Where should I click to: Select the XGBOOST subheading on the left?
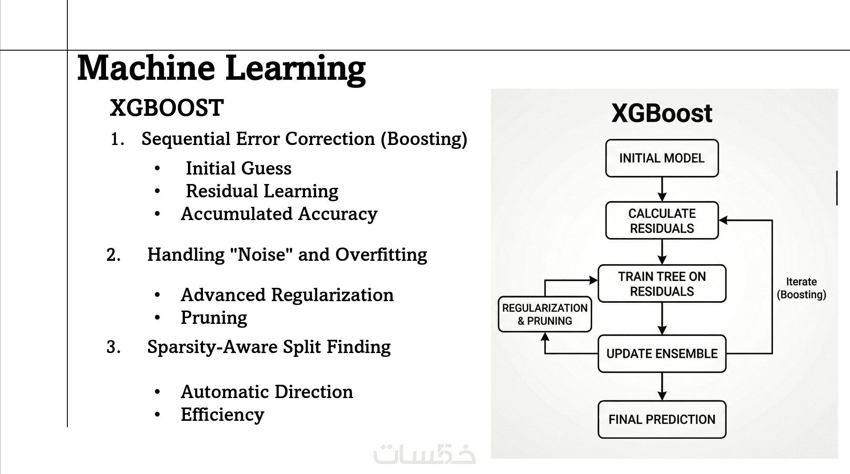166,108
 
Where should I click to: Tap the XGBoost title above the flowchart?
662,113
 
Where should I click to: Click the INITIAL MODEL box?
662,158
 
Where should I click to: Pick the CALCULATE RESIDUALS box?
662,220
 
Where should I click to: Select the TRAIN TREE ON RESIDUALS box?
662,284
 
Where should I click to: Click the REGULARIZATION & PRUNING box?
544,314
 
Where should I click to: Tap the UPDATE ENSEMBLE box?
662,353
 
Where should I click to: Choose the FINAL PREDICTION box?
662,419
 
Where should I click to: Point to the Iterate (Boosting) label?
801,288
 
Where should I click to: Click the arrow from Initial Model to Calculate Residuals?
662,189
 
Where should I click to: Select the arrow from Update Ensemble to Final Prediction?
662,386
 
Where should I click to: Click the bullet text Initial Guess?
239,168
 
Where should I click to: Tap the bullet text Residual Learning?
262,191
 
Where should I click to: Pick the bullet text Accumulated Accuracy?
279,214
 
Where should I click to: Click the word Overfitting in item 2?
381,254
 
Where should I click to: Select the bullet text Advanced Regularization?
287,295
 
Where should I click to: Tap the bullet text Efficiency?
222,414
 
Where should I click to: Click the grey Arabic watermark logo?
424,454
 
